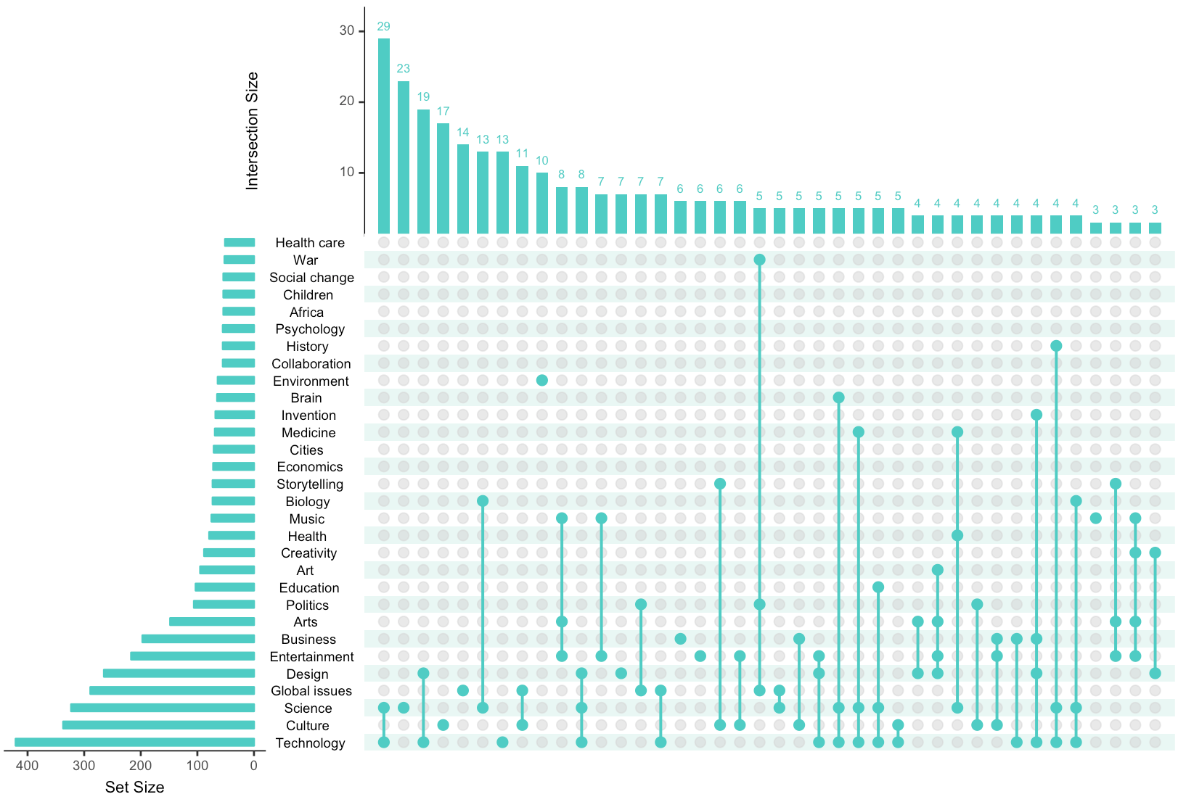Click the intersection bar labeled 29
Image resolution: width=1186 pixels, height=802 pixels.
384,136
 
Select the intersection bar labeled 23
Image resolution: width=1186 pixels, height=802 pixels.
404,157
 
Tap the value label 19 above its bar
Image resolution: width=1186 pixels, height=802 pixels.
423,96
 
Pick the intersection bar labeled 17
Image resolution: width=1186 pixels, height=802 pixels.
443,178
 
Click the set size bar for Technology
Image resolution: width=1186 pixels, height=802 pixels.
135,743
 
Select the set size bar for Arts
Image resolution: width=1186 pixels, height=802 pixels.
212,621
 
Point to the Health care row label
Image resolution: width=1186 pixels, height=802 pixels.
310,243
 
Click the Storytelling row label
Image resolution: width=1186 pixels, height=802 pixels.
310,484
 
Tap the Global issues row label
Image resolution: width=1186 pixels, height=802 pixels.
311,691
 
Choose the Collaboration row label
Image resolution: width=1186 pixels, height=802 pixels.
311,364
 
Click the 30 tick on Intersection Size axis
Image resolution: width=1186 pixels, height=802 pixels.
347,30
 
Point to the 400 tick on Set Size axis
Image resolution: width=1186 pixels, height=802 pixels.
28,766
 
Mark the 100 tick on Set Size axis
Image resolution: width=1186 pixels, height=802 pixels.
197,766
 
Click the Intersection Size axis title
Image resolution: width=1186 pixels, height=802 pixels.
252,131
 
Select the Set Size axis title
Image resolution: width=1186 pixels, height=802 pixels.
134,787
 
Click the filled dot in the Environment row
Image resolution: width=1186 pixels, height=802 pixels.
542,381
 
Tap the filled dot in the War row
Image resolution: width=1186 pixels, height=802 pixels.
759,260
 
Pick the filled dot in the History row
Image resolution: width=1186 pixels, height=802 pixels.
1056,346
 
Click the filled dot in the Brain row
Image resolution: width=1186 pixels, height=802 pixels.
838,397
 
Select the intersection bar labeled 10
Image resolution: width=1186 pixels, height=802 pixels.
542,203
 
